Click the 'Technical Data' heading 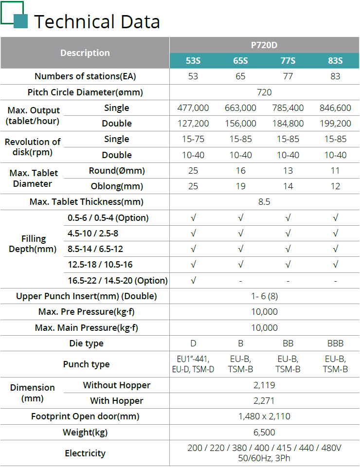pos(97,21)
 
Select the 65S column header pos(240,61)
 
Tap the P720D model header pos(264,45)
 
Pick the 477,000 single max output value pos(193,108)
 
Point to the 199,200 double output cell pos(335,124)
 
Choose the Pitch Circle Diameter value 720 pos(264,92)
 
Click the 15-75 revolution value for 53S pos(193,139)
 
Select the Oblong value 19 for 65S pos(240,186)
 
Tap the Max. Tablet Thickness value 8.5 pos(264,202)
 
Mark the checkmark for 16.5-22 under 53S pos(193,280)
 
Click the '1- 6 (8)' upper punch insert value pos(264,296)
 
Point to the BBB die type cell pos(335,343)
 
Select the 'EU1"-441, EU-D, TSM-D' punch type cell pos(193,364)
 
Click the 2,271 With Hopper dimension pos(264,401)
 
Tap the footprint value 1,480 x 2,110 pos(264,416)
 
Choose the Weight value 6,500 pos(264,432)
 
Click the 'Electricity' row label pos(85,453)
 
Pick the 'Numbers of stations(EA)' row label pos(85,76)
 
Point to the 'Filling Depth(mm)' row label pos(34,244)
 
